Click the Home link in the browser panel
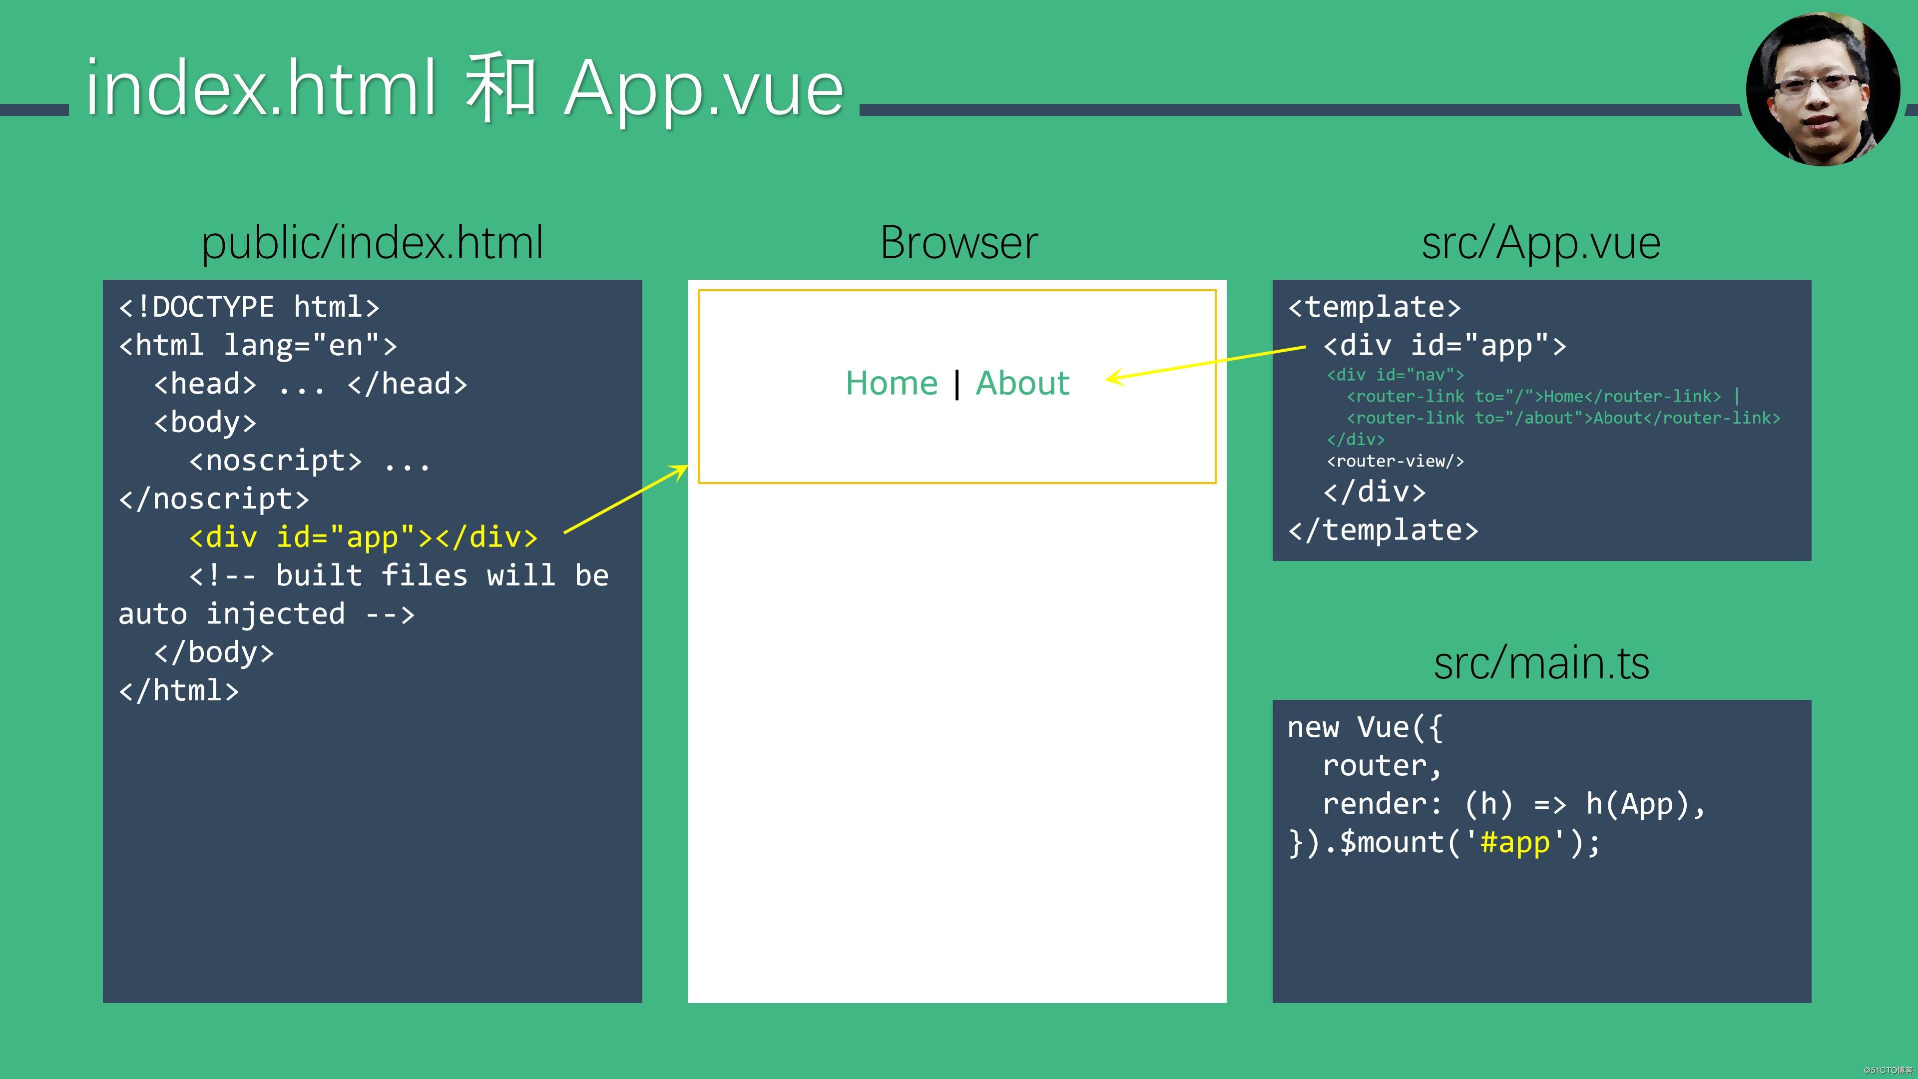pos(891,384)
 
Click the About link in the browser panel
pos(1022,384)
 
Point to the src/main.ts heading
pos(1540,663)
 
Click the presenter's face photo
pos(1822,89)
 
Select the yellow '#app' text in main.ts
pos(1514,843)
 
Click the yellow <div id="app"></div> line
pos(363,537)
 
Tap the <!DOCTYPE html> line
pos(249,307)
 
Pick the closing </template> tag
pos(1383,530)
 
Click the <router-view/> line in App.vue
pos(1395,461)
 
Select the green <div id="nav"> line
pos(1395,375)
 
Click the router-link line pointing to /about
pos(1563,418)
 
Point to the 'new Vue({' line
pos(1365,727)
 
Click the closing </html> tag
pos(179,690)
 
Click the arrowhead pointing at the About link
pos(1113,378)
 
